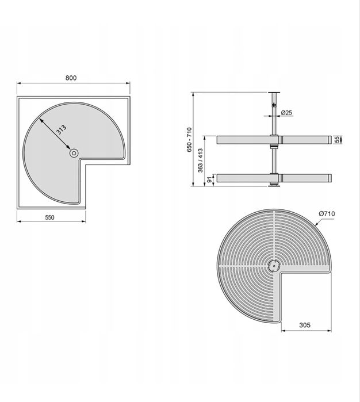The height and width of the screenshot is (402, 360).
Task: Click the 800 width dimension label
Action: [x=71, y=78]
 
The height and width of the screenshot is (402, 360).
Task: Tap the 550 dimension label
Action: [x=49, y=217]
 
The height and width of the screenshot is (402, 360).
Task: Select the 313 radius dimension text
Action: [x=62, y=130]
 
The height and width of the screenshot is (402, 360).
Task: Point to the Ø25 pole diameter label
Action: [x=286, y=113]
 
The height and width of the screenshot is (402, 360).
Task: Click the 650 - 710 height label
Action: [x=189, y=140]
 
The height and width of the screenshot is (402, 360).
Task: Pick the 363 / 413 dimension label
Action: [x=201, y=160]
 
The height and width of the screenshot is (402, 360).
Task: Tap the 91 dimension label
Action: [x=210, y=179]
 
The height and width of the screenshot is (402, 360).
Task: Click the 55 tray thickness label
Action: [x=337, y=139]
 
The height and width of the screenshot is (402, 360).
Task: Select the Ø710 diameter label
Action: [x=327, y=213]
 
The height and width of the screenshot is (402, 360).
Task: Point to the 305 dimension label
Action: [x=305, y=325]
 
